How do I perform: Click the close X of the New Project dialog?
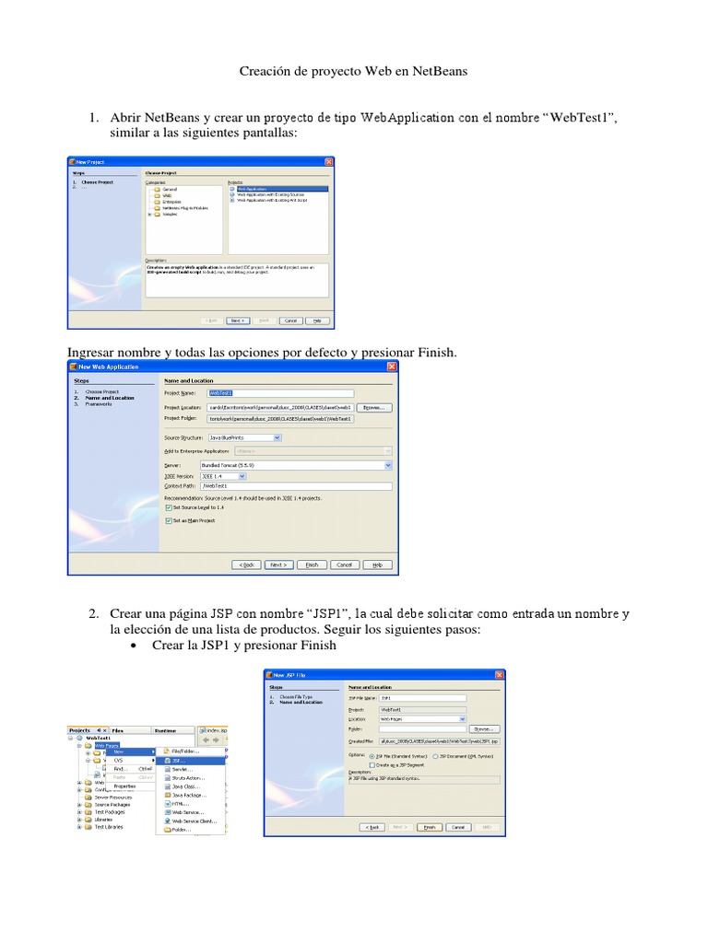(x=329, y=162)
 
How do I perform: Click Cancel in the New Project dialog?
(x=290, y=320)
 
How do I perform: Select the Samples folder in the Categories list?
(x=170, y=215)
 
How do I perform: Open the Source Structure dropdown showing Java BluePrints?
(x=244, y=437)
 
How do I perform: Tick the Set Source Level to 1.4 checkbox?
(x=168, y=507)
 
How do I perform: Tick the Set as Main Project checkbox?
(x=168, y=520)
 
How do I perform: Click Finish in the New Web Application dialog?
(x=312, y=565)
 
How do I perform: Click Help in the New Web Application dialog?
(x=376, y=565)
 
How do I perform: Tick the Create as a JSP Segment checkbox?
(x=372, y=764)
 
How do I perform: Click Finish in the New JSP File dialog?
(x=428, y=827)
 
